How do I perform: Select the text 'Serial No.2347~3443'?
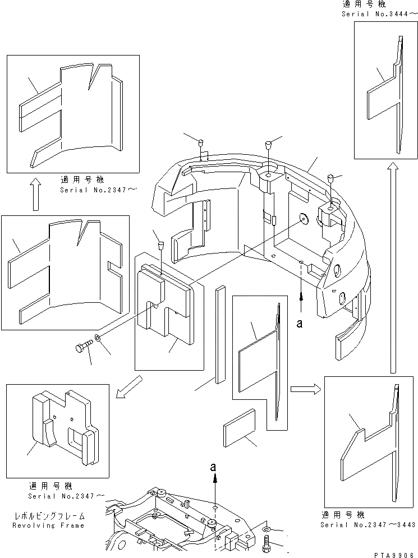click(368, 525)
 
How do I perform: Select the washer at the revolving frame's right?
click(265, 528)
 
